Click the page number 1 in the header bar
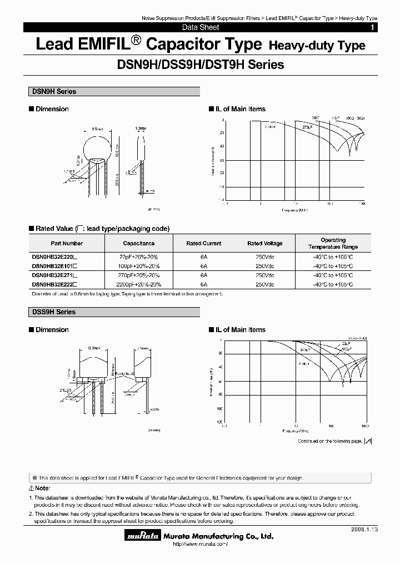click(x=372, y=27)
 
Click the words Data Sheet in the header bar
click(x=201, y=27)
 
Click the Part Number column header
click(x=67, y=243)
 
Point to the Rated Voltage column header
click(x=265, y=243)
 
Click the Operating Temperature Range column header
click(x=333, y=243)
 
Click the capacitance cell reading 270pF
click(x=139, y=275)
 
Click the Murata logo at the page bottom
click(x=143, y=536)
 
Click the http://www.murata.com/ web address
click(x=201, y=544)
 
